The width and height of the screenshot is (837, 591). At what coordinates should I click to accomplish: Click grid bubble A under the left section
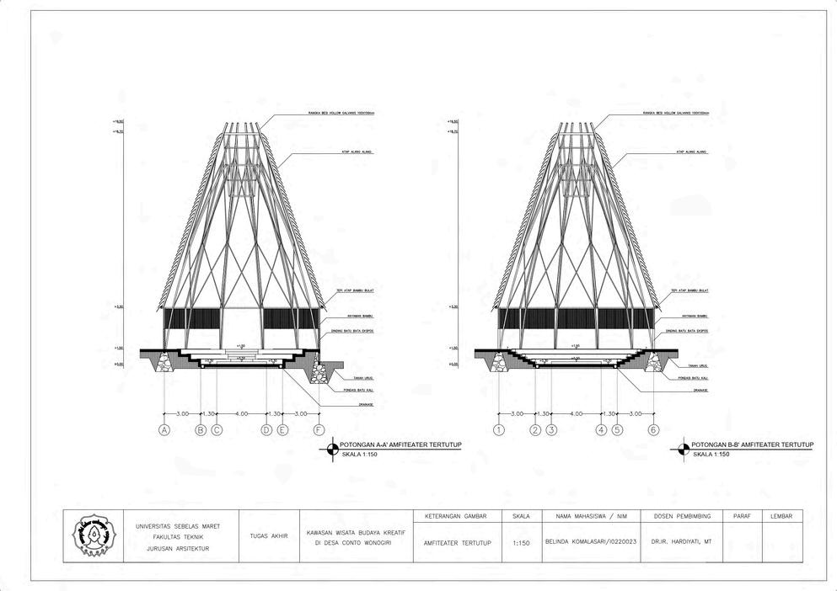pos(164,430)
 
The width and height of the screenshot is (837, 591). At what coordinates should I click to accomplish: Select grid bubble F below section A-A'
pos(319,430)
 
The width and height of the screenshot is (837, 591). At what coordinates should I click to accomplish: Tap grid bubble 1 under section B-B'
pos(499,430)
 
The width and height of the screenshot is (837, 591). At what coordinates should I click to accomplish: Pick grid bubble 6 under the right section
pos(653,430)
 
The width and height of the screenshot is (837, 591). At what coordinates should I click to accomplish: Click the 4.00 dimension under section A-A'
pos(242,414)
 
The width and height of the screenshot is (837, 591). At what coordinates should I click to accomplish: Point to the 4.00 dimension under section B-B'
pos(577,414)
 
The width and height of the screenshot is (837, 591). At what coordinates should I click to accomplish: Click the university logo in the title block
pos(91,535)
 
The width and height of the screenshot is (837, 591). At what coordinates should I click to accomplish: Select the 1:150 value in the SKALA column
pos(521,543)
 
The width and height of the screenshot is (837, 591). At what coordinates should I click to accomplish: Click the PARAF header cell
pos(742,515)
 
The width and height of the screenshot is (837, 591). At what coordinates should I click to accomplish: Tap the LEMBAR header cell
pos(781,515)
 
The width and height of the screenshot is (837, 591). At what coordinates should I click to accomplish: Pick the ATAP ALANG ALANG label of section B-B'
pos(691,152)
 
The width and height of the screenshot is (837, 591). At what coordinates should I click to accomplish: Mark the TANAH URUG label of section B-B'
pos(696,365)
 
